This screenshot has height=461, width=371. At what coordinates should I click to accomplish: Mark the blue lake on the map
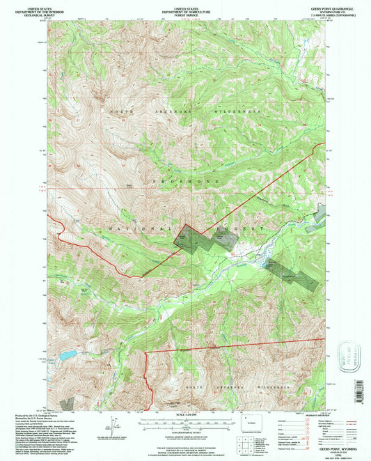[68, 355]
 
